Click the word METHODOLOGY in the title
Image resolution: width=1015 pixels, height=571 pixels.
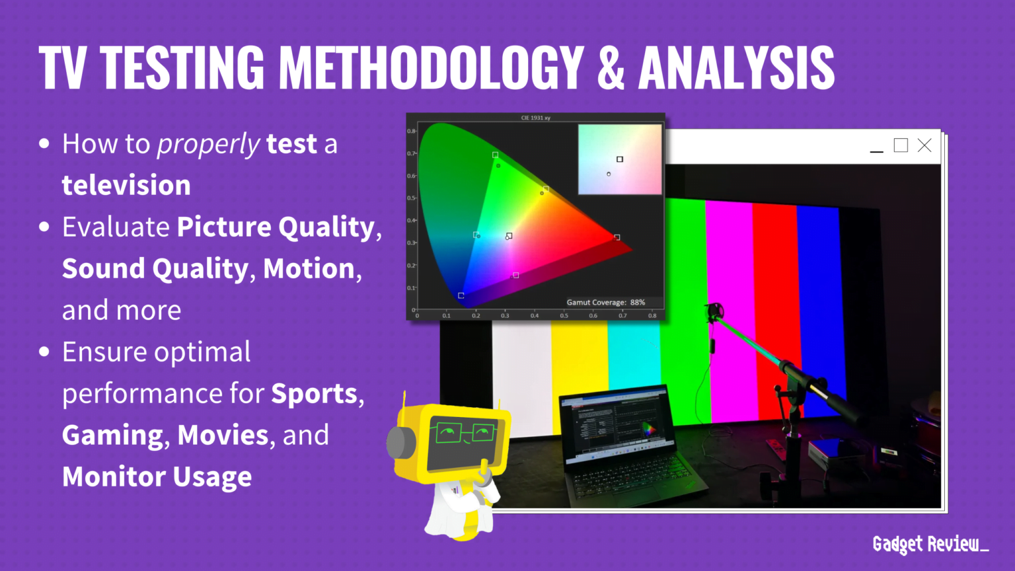[431, 68]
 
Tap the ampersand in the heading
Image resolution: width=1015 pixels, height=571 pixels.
[611, 68]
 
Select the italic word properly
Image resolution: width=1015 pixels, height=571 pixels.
[208, 144]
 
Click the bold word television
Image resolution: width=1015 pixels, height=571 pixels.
[126, 185]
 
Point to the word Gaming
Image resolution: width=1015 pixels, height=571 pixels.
[112, 436]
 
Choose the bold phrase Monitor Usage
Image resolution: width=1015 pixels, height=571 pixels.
[157, 476]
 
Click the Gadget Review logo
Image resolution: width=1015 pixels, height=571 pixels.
[930, 544]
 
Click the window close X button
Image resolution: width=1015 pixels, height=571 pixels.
[924, 145]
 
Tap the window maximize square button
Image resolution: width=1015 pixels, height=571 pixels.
[900, 145]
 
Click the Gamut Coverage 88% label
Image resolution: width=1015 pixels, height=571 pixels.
[605, 302]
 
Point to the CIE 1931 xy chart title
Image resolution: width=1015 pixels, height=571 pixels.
[535, 118]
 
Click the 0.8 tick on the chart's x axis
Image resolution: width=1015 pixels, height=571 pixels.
[652, 316]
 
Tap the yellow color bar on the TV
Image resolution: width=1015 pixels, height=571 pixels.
[579, 370]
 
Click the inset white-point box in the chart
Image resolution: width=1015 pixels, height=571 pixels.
[620, 159]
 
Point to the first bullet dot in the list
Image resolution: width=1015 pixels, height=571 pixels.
[44, 143]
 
